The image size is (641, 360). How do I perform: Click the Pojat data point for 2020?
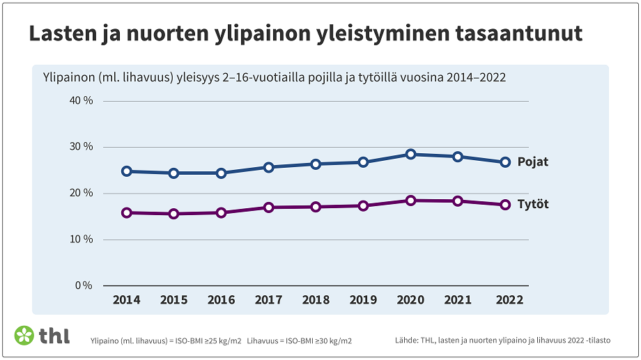point(410,155)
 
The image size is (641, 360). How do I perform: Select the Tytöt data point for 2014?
point(127,213)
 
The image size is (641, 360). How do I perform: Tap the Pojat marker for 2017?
point(269,167)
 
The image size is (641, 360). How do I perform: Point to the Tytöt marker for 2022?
point(505,205)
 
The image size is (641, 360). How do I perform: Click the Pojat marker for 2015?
point(174,173)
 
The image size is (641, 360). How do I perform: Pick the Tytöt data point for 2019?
point(363,206)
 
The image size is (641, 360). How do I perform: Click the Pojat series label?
point(533,162)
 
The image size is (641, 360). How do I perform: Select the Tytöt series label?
point(533,205)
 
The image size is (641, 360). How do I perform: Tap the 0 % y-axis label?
point(84,285)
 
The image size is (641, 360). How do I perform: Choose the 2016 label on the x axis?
point(221,300)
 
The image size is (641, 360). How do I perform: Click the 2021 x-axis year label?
point(458,300)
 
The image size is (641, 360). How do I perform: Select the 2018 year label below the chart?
point(316,300)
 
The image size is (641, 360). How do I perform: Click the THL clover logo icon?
point(24,335)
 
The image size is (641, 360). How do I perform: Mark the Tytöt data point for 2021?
point(458,201)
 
